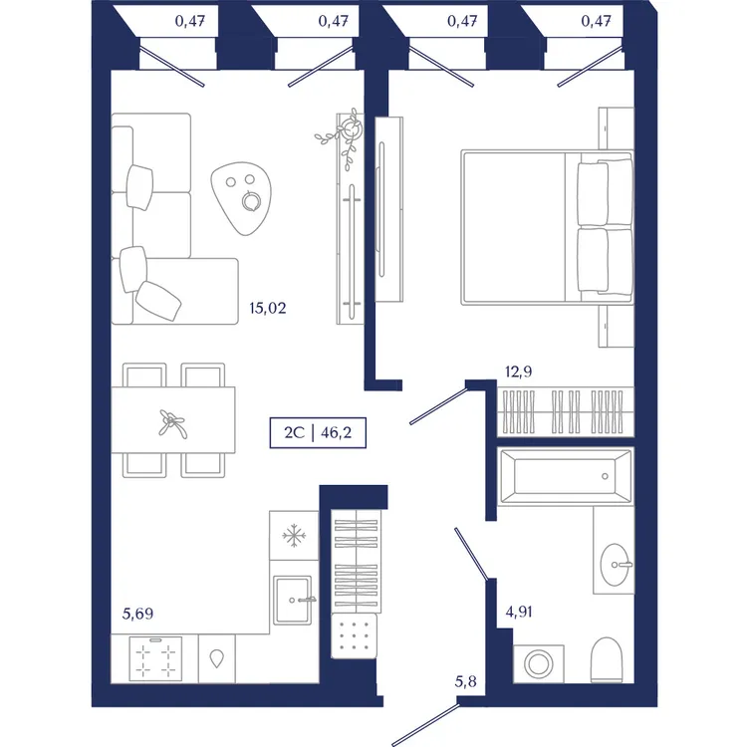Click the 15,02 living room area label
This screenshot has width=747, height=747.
coord(268,308)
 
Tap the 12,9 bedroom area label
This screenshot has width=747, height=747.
coord(518,372)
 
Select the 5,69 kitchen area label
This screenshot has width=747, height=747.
coord(137,614)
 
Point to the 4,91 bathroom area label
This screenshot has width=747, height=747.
coord(519,612)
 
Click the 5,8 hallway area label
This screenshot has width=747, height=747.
coord(465,681)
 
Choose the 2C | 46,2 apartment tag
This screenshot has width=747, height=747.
coord(318,432)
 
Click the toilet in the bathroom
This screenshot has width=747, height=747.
coord(607,659)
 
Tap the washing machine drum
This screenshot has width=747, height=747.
coord(538,664)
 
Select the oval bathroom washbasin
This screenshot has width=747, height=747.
coord(615,565)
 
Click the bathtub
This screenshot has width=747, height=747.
coord(566,475)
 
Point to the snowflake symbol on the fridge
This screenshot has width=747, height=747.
coord(294,536)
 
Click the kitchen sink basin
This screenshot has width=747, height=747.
coord(293,600)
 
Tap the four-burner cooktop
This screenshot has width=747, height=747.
coord(155,658)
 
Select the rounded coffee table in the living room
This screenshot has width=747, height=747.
coord(242,198)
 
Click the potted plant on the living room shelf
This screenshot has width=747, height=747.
coord(344,135)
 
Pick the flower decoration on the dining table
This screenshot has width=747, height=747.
coord(172,423)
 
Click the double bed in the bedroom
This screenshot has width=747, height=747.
coord(547,227)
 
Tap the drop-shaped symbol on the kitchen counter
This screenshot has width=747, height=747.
coord(217,658)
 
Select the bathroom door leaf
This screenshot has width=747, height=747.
coord(472,554)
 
